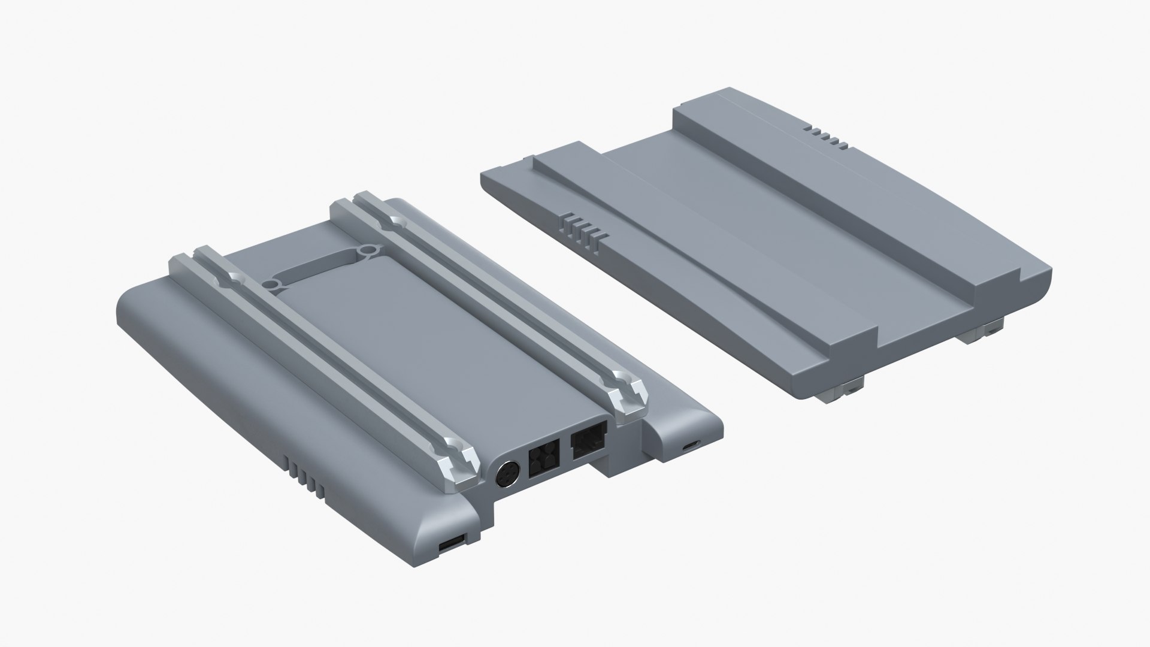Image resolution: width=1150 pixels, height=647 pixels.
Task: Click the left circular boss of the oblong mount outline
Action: (x=273, y=283)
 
